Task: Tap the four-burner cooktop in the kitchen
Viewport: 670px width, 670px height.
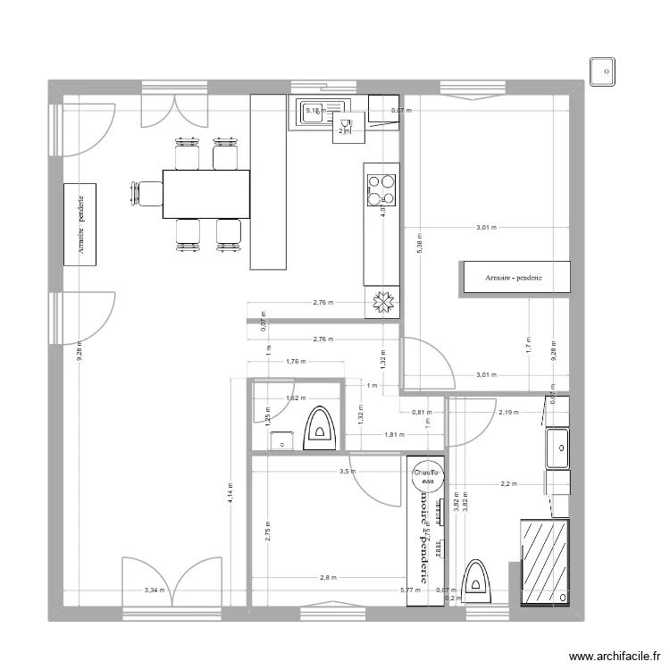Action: pos(381,188)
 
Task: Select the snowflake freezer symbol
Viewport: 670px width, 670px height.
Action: pos(382,304)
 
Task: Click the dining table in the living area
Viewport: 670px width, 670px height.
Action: pos(205,193)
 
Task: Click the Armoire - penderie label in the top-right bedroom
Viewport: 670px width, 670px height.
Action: pos(514,278)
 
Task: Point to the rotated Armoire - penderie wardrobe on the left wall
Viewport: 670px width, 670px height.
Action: pos(81,224)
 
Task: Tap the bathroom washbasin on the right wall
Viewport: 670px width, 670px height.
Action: pos(558,447)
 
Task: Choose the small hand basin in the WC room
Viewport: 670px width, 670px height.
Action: pos(283,440)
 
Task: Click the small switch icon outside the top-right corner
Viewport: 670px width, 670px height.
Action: pos(603,70)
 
